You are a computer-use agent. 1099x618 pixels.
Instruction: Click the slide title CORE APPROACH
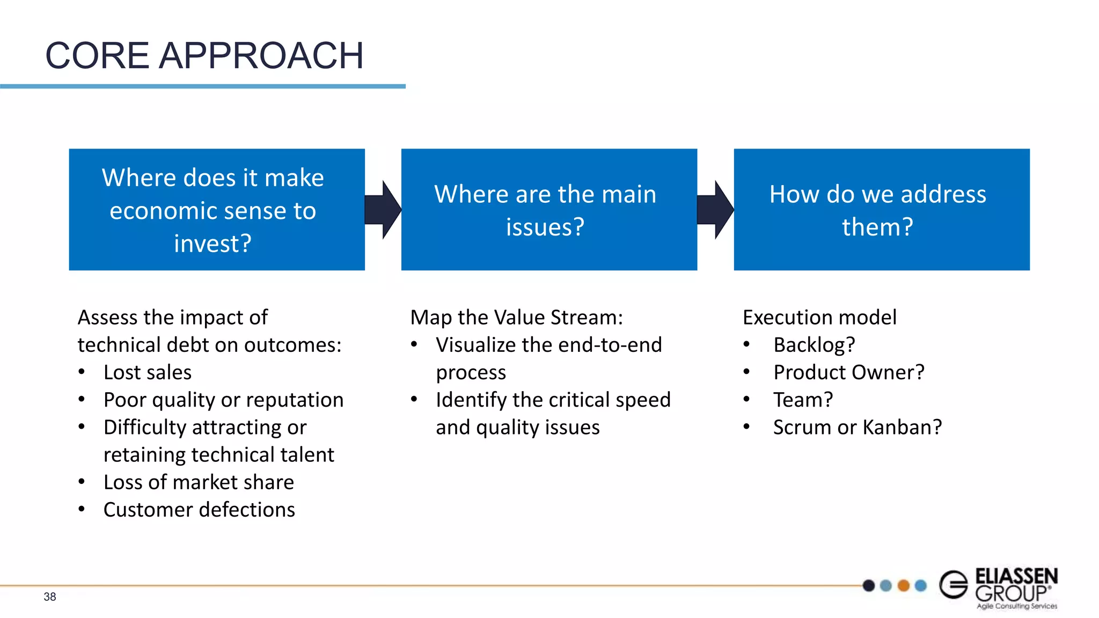pos(204,56)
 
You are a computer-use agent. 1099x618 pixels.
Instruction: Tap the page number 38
pos(50,597)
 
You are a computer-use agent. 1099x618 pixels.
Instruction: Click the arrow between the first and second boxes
pos(383,210)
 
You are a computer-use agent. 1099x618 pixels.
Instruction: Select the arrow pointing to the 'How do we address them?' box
pos(715,210)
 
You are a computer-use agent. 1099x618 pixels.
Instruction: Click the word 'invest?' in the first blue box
pos(213,244)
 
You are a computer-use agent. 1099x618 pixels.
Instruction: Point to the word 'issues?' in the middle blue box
pos(545,227)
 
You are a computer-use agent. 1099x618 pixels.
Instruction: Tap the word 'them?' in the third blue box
pos(877,227)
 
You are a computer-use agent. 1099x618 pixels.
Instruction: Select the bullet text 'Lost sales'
pos(148,372)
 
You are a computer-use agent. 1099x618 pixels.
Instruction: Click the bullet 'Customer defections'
pos(199,510)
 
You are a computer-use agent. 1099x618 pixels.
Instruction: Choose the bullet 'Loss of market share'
pos(199,482)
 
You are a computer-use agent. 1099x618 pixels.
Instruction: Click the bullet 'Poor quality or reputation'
pos(223,400)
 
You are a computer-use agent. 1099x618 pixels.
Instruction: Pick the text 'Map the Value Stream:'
pos(516,318)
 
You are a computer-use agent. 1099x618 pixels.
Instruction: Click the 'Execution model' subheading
pos(819,318)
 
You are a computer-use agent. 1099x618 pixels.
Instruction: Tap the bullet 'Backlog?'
pos(814,345)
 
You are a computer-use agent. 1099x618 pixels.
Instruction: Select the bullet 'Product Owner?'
pos(849,372)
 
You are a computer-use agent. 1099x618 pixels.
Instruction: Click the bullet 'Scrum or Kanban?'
pos(858,427)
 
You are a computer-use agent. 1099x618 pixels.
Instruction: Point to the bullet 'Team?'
pos(803,400)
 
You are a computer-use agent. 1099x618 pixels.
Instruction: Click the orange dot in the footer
pos(904,585)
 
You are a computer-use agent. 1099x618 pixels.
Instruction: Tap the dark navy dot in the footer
pos(869,585)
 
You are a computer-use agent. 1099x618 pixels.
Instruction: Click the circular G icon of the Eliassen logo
pos(954,584)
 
